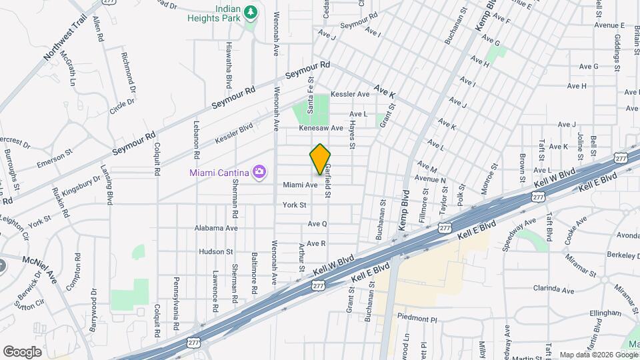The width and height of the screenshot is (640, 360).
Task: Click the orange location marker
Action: point(320,159)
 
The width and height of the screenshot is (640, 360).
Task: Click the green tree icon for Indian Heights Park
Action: point(251,12)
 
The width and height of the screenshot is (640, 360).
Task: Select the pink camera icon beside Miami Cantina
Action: point(259,173)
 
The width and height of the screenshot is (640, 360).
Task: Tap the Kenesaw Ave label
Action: point(321,128)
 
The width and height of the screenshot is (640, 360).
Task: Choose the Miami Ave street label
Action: point(299,185)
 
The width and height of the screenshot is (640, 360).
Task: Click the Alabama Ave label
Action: point(216,228)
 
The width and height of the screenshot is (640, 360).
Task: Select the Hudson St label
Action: point(215,252)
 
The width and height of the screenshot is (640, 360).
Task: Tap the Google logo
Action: point(22,351)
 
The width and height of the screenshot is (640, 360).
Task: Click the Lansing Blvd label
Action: point(110,184)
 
